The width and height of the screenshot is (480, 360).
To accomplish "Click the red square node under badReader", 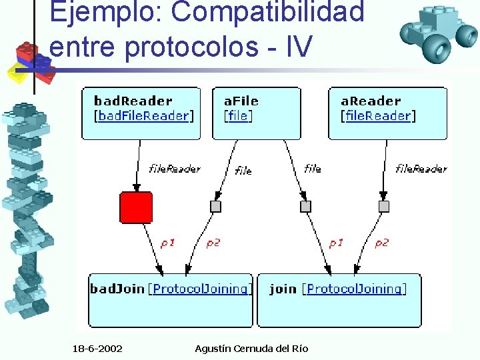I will pyautogui.click(x=136, y=207).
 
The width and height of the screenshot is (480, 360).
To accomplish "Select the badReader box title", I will pyautogui.click(x=133, y=101).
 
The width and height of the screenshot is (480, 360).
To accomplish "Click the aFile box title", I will pyautogui.click(x=241, y=101).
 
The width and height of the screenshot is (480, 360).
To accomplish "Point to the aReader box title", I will pyautogui.click(x=371, y=101).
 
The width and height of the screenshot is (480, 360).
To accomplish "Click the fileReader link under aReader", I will pyautogui.click(x=378, y=116).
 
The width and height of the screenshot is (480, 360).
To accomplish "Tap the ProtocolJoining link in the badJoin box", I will pyautogui.click(x=201, y=289).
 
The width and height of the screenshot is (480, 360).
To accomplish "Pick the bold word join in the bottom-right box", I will pyautogui.click(x=283, y=289).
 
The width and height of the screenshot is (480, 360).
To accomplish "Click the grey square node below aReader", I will pyautogui.click(x=383, y=207).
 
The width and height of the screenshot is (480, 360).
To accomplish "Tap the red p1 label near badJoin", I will pyautogui.click(x=167, y=243).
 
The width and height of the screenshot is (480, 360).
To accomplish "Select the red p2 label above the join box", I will pyautogui.click(x=381, y=243).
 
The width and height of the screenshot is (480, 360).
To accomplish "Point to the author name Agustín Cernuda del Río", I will pyautogui.click(x=251, y=349).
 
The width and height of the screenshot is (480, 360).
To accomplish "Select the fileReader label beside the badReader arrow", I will pyautogui.click(x=174, y=169).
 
